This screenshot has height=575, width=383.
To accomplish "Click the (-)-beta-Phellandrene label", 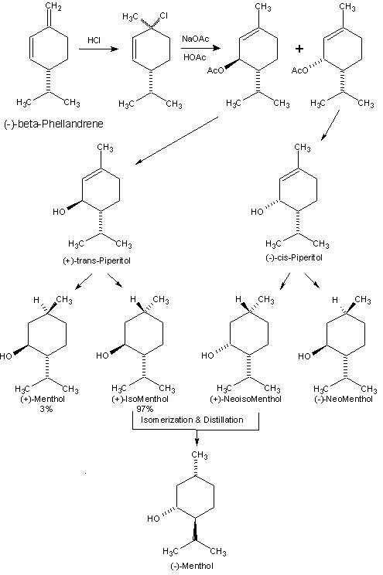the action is pos(53,124).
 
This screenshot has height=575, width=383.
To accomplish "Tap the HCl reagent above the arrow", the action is pos(94,40).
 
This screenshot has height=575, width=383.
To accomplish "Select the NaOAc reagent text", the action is pos(195,39).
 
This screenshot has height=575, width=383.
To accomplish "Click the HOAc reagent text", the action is pos(195,57).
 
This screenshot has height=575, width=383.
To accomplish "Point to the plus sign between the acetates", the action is pos(299,49).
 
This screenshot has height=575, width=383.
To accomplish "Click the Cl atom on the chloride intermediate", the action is pos(164,15).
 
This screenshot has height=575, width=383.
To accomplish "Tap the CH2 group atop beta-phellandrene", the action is pos(53,7).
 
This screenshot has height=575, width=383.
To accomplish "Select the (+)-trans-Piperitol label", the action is pos(97,261).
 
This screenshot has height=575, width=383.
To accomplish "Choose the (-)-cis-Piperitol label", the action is pos(294,258).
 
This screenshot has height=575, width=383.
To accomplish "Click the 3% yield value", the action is pos(46,409).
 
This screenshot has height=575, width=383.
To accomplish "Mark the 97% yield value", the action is pos(145,409).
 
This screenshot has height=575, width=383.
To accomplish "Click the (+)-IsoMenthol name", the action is pos(140,399).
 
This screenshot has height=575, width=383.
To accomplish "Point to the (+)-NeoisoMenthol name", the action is pos(246,399).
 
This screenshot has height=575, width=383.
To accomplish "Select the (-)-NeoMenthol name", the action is pos(344,399).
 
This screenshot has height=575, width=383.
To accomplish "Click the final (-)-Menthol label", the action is pos(192,566).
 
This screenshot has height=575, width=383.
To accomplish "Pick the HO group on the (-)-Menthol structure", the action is pos(153,519).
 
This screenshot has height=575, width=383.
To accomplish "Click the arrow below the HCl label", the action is pos(99,49).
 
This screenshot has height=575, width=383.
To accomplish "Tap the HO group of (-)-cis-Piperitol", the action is pos(257,212).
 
